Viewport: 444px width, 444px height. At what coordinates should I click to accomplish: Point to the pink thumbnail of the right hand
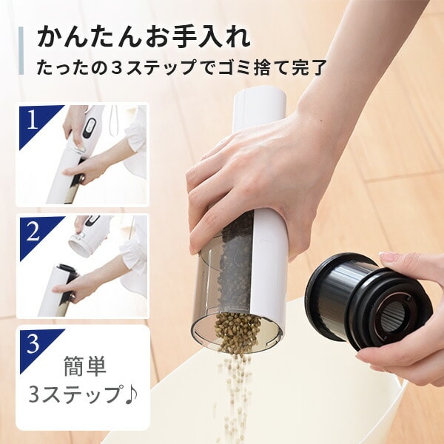(x=390, y=258)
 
